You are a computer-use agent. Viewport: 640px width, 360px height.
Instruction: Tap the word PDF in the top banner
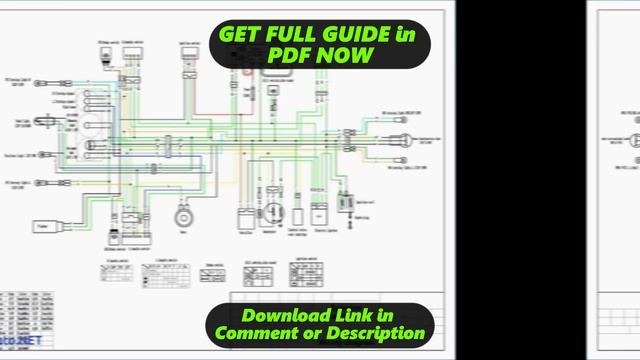click(x=289, y=55)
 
